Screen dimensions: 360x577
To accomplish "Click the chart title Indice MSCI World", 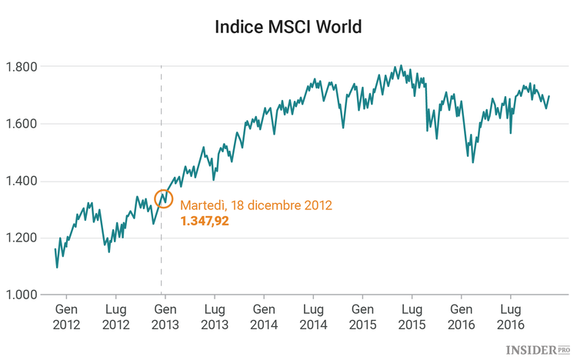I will pos(288,28).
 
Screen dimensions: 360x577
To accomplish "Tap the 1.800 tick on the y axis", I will pos(22,67).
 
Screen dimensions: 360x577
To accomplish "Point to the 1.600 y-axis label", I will pos(22,124).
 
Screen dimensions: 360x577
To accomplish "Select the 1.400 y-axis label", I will pos(22,182).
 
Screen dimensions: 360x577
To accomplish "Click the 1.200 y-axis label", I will pos(22,238).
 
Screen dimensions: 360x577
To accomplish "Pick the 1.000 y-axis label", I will pos(22,295).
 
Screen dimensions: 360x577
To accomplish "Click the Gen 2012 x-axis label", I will pos(66,317).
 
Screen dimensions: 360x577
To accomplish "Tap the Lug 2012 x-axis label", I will pos(115,317).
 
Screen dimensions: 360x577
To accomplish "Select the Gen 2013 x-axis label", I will pos(165,317).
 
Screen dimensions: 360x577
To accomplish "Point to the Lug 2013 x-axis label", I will pos(214,317).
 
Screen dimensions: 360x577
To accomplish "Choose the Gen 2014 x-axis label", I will pos(264,317).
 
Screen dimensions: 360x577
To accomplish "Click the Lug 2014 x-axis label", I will pos(313,317).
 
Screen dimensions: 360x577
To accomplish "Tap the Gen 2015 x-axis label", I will pos(362,317).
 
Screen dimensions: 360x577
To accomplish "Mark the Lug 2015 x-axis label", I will pos(412,317).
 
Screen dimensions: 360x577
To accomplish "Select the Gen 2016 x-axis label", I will pos(462,317).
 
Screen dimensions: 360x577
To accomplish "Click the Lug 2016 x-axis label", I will pos(511,317).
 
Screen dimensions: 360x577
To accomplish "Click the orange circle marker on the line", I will pos(163,198).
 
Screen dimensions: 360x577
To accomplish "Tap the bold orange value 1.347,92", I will pos(205,222).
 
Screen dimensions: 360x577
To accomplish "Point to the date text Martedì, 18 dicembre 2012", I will pos(255,205).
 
